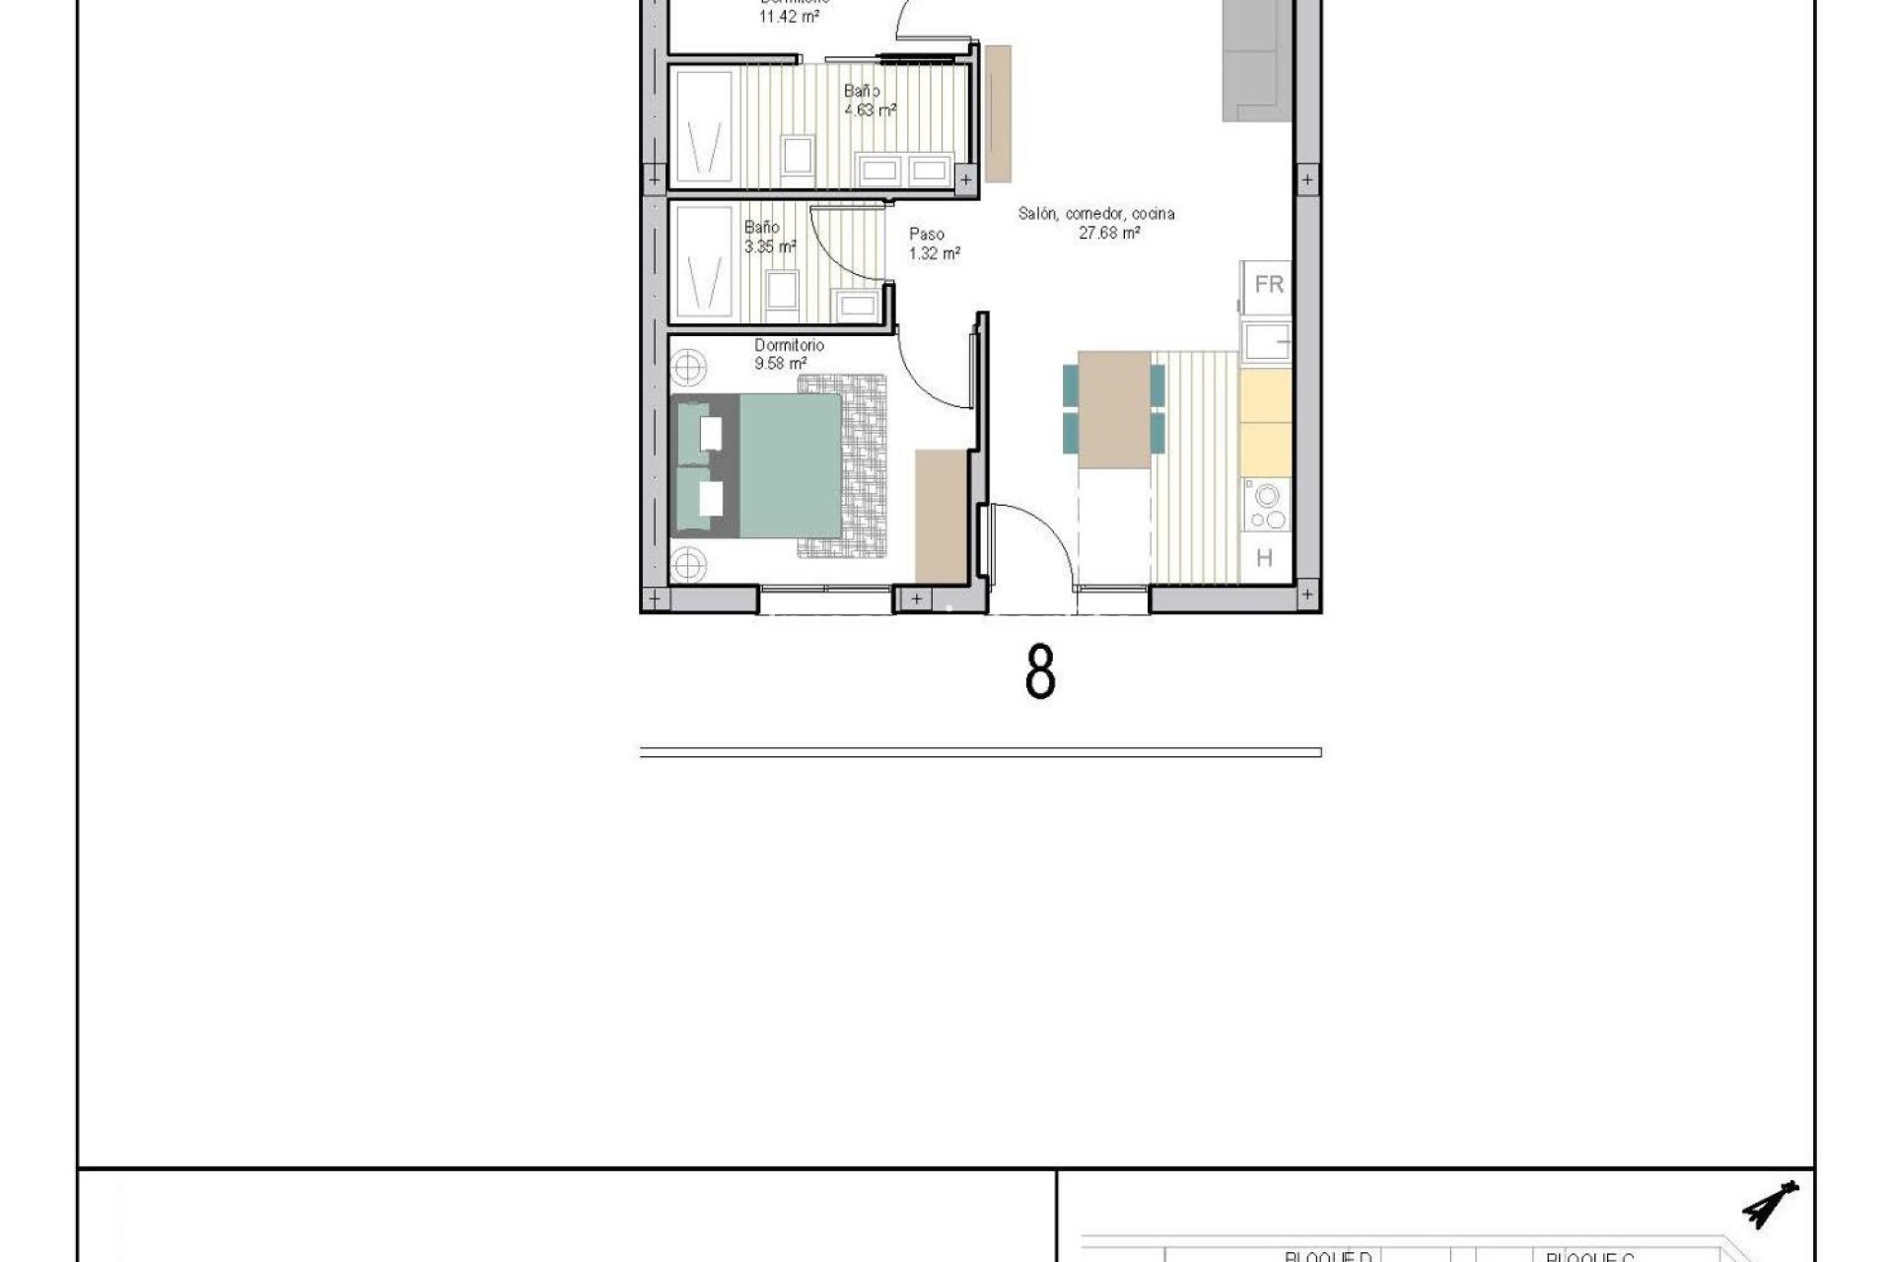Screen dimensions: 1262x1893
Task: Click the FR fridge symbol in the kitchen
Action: pos(1268,285)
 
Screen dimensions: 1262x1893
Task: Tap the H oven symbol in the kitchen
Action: pos(1265,558)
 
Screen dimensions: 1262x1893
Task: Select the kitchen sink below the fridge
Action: pos(1266,342)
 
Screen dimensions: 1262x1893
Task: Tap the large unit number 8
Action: pos(1040,672)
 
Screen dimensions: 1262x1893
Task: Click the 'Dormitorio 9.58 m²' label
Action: pos(789,354)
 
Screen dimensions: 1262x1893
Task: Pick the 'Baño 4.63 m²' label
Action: pos(869,101)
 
